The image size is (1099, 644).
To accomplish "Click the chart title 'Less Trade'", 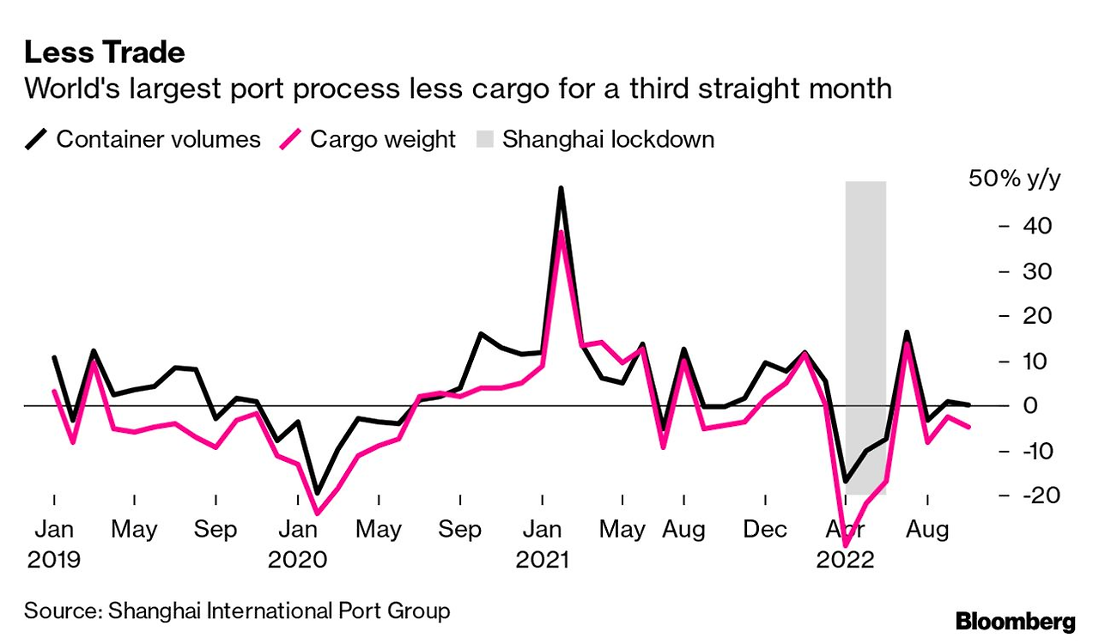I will tap(104, 52).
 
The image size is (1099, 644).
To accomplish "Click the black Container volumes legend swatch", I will tap(36, 139).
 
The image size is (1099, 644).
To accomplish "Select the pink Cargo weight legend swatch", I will tap(291, 139).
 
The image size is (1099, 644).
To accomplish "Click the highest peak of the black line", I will tap(561, 188).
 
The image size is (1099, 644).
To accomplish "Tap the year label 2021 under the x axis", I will tap(542, 560).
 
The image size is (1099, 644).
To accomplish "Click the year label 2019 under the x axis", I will tap(53, 560).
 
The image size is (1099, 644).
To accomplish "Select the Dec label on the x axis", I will tap(764, 529).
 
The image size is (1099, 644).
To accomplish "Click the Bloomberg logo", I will tap(1015, 620).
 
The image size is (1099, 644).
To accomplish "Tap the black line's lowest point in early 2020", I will tap(317, 494).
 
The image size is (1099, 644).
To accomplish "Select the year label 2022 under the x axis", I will tap(847, 560).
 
